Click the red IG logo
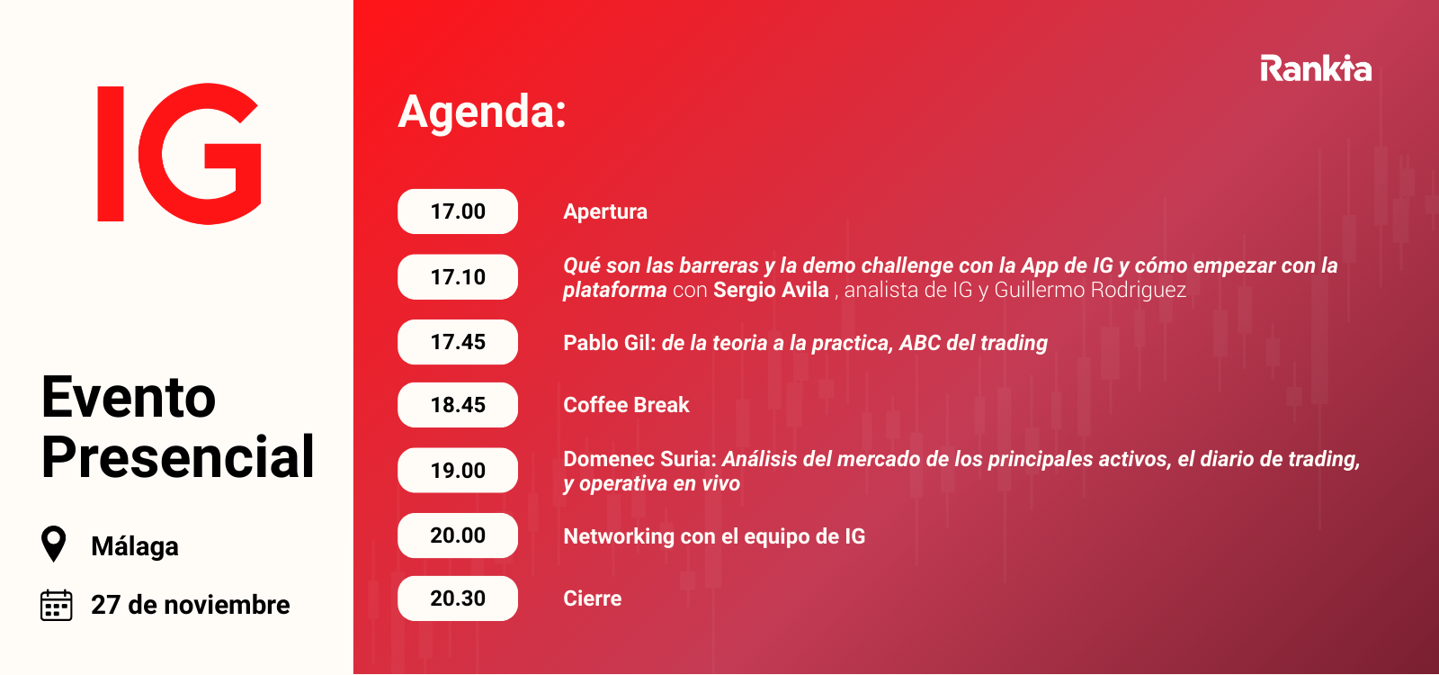coord(179,154)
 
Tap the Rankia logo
coord(1316,68)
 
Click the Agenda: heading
coord(482,112)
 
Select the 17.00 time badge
coord(458,211)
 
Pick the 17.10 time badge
coord(458,277)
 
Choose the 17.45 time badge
coord(458,342)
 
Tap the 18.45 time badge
coord(458,405)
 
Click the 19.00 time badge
coord(458,471)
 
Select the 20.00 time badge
coord(458,535)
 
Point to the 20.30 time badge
coord(458,598)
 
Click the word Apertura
coord(605,212)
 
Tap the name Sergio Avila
coord(771,290)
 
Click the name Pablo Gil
coord(609,343)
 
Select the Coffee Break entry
coord(626,405)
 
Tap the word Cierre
coord(593,598)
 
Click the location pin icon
coord(53,544)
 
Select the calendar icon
coord(57,605)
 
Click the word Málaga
coord(135,545)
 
